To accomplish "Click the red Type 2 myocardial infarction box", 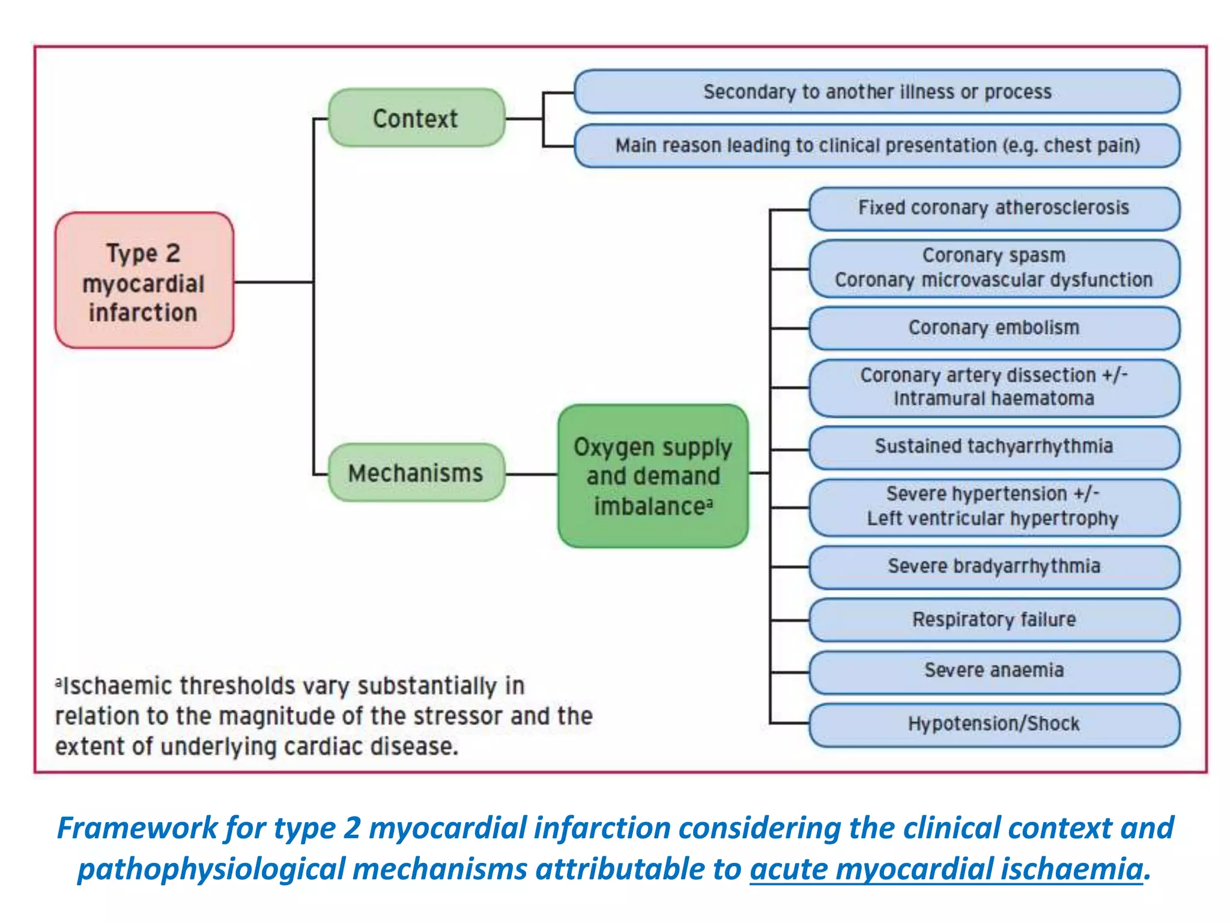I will pyautogui.click(x=144, y=280).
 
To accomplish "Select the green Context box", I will pyautogui.click(x=416, y=118).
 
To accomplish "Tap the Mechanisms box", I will pyautogui.click(x=416, y=473).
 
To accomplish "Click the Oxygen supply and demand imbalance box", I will pyautogui.click(x=653, y=476).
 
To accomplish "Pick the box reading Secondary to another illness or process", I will pyautogui.click(x=877, y=92).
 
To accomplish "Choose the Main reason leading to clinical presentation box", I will pyautogui.click(x=877, y=146).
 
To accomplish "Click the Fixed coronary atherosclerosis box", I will pyautogui.click(x=994, y=209).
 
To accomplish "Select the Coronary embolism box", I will pyautogui.click(x=994, y=328).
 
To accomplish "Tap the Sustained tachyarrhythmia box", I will pyautogui.click(x=994, y=447).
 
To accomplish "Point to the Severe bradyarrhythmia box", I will pyautogui.click(x=994, y=567).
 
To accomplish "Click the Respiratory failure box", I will pyautogui.click(x=994, y=620).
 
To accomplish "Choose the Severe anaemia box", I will pyautogui.click(x=994, y=671).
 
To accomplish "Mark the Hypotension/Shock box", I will pyautogui.click(x=994, y=724).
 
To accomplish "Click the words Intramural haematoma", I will pyautogui.click(x=994, y=399).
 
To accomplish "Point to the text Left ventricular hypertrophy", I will pyautogui.click(x=992, y=519).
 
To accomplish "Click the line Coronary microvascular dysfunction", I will pyautogui.click(x=994, y=280).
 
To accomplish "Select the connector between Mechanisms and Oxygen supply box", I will pyautogui.click(x=532, y=474).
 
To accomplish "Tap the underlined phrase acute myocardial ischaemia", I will pyautogui.click(x=946, y=870).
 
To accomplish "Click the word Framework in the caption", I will pyautogui.click(x=137, y=828).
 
